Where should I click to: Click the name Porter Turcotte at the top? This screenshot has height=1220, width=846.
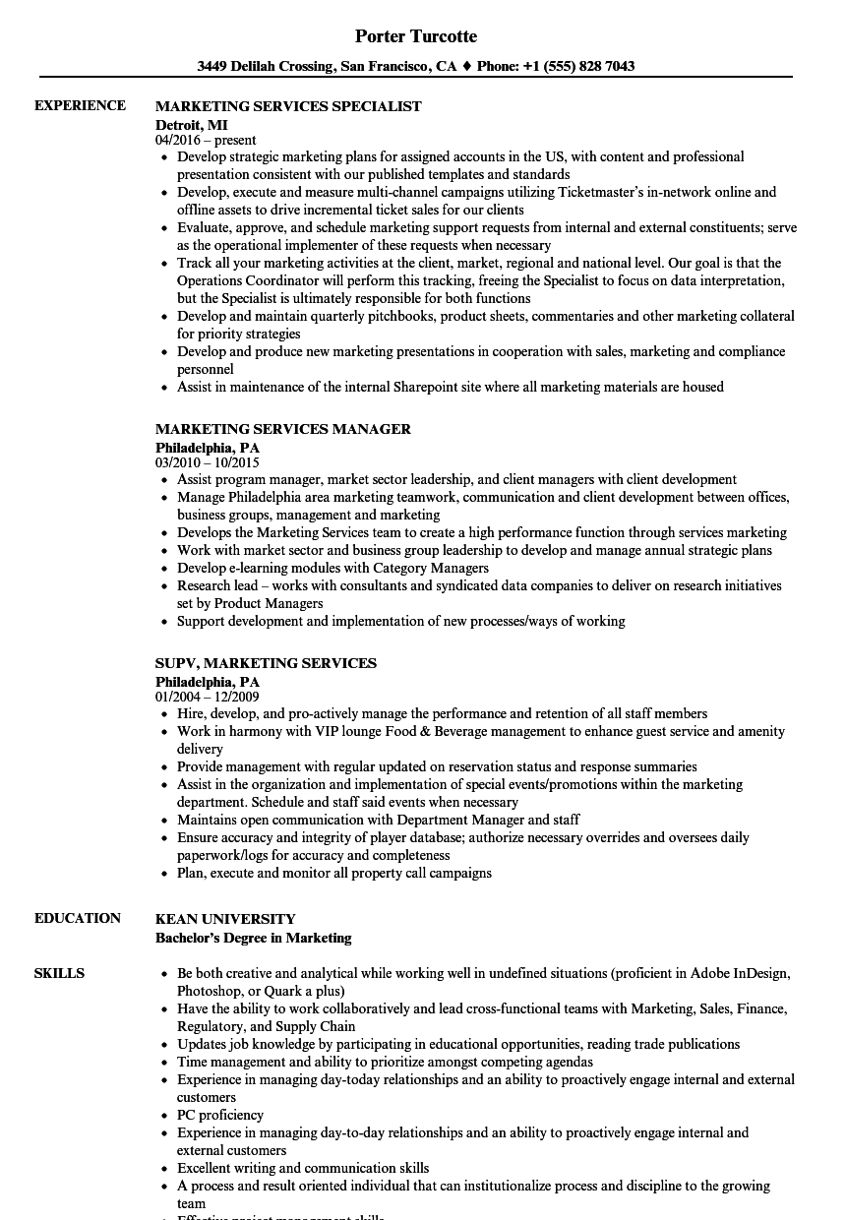tap(416, 36)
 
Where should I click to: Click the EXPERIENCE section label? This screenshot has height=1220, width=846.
tap(80, 105)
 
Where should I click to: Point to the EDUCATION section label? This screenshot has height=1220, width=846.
tap(78, 918)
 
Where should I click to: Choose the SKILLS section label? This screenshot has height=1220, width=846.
tap(59, 973)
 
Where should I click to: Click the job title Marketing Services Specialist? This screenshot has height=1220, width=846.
tap(288, 106)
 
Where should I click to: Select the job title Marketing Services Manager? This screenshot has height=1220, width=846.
tap(283, 429)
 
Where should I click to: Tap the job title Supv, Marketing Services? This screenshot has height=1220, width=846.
tap(266, 663)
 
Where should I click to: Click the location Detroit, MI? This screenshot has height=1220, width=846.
tap(192, 125)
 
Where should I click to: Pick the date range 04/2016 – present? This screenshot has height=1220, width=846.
tap(206, 141)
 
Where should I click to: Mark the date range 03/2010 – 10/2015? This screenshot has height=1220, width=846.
tap(208, 462)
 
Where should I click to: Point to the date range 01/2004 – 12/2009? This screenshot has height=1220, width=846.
tap(208, 697)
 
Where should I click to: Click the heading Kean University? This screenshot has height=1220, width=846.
tap(225, 919)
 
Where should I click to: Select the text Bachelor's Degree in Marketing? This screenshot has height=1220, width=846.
tap(254, 938)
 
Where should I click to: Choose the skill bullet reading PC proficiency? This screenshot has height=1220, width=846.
tap(220, 1115)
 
